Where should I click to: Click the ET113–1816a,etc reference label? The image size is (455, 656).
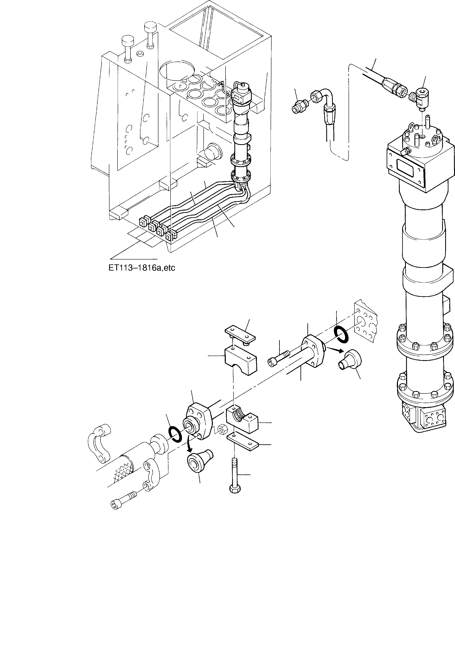click(142, 268)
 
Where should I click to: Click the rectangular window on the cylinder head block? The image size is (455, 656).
click(405, 165)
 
